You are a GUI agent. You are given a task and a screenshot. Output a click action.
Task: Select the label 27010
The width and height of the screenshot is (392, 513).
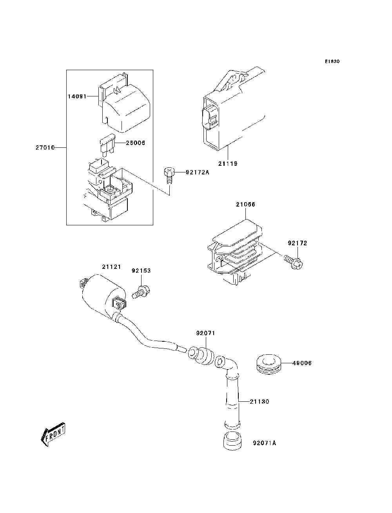(44, 147)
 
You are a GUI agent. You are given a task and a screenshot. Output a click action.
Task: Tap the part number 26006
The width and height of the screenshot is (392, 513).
(135, 143)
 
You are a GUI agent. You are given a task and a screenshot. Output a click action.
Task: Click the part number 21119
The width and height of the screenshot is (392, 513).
(228, 163)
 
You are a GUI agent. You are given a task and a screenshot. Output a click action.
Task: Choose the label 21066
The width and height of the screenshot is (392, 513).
(245, 204)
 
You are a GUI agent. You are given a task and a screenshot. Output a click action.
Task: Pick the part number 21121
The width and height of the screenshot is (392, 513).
(112, 266)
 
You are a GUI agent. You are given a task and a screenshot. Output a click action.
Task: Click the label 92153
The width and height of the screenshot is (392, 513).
(141, 270)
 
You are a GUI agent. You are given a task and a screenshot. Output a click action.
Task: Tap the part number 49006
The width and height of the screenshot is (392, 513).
(302, 363)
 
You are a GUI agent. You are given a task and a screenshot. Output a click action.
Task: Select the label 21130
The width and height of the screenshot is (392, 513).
(260, 402)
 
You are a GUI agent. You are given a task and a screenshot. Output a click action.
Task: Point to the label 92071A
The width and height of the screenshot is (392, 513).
(264, 443)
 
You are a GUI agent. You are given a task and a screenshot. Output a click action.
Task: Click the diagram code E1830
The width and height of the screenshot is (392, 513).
(332, 62)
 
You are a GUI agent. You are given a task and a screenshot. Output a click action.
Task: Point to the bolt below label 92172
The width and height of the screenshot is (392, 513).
(295, 261)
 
